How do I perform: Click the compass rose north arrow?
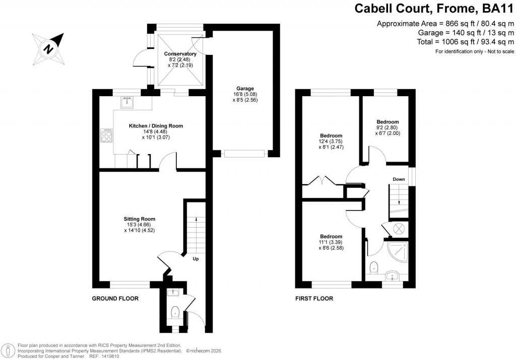coord(48,49)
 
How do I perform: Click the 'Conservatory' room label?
coord(180,54)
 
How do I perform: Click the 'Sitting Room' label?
coord(140,219)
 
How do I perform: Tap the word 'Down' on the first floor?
coord(399,179)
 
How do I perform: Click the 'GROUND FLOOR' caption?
coord(115,299)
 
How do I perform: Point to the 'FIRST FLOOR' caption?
coord(314,299)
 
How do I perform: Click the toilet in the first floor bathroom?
coord(374,266)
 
